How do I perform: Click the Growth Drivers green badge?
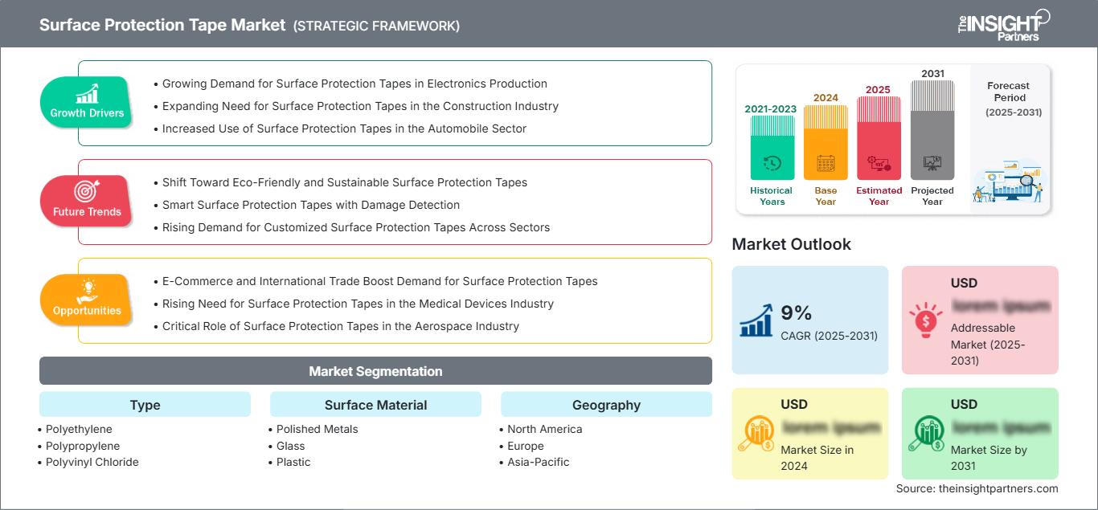(x=86, y=103)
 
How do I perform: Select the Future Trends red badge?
(x=86, y=201)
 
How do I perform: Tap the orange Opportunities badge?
(x=86, y=300)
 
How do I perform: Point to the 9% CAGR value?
(x=797, y=313)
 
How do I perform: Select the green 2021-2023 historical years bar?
(x=772, y=148)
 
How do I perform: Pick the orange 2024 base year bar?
(x=826, y=145)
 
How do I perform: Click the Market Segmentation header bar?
(x=375, y=371)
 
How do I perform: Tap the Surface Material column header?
(x=375, y=405)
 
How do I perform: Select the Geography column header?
(x=606, y=405)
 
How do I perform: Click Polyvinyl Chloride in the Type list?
(x=92, y=462)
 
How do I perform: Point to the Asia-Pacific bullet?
(x=539, y=462)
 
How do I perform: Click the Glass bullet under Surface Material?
(x=290, y=446)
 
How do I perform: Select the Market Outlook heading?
(x=791, y=244)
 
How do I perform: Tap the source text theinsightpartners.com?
(x=977, y=488)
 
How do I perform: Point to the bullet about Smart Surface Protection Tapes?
(x=311, y=205)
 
